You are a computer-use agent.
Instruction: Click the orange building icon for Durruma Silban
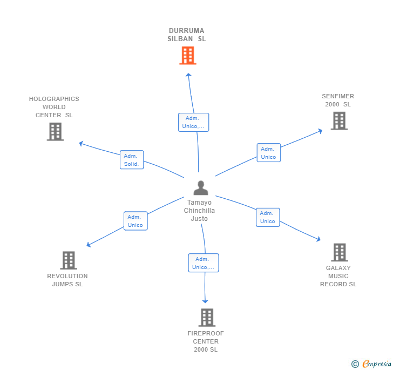click(x=187, y=56)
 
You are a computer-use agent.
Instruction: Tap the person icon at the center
click(x=201, y=188)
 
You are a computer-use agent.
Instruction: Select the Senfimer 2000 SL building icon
click(x=339, y=121)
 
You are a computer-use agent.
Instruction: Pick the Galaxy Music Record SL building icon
click(x=339, y=252)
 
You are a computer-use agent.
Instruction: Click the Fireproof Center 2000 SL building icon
click(x=207, y=318)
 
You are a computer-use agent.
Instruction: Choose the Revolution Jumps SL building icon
click(x=69, y=260)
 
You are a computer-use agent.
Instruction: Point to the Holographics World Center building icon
click(x=55, y=132)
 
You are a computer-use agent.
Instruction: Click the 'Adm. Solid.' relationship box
click(x=132, y=160)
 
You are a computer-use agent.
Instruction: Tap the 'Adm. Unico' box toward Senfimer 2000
click(x=268, y=153)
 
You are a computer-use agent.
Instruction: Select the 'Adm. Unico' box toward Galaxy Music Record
click(x=268, y=217)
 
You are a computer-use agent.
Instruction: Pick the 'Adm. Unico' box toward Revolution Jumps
click(x=135, y=221)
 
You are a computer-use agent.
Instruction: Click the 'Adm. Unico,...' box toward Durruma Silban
click(x=193, y=122)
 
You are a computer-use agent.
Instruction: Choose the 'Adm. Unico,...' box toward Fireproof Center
click(x=204, y=263)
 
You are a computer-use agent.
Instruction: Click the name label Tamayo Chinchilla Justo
click(x=199, y=211)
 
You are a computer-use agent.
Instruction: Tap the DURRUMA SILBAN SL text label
click(x=187, y=35)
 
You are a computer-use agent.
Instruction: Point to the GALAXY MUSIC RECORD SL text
click(x=338, y=276)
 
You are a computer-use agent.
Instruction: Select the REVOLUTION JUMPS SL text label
click(x=67, y=280)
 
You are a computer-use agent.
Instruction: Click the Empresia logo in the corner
click(x=376, y=364)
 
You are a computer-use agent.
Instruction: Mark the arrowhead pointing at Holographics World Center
click(x=81, y=143)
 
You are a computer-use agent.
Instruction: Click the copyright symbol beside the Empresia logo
click(x=355, y=365)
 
